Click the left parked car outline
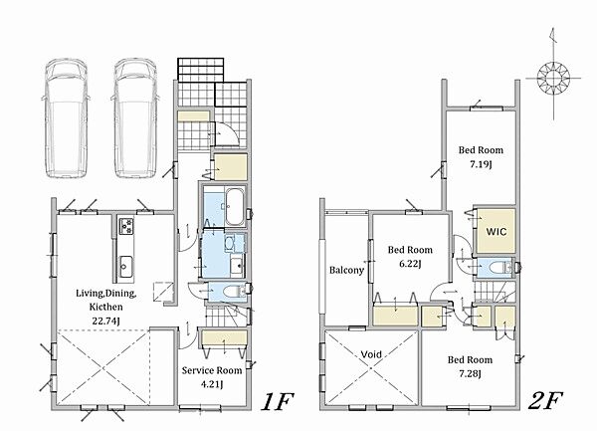click(65, 118)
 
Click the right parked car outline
click(135, 118)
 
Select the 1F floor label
click(277, 402)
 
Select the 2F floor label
click(545, 401)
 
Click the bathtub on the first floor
click(236, 207)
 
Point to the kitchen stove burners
click(126, 226)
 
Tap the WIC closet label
click(497, 232)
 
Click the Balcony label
click(346, 270)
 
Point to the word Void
click(371, 354)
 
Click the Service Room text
click(212, 370)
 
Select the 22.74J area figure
click(106, 322)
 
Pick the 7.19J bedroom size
click(481, 164)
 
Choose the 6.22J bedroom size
click(410, 264)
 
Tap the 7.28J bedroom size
click(470, 374)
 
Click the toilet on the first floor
click(233, 292)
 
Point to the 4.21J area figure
click(212, 384)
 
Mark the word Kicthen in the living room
click(106, 307)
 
